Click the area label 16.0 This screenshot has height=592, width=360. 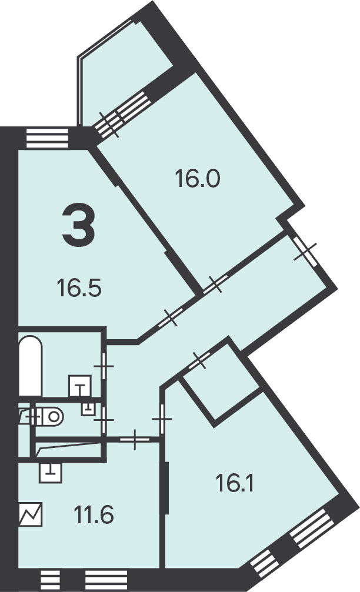197,179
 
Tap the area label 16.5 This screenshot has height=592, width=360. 79,287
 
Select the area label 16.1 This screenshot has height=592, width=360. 234,483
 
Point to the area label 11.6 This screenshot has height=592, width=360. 94,515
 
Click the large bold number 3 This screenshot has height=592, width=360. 79,225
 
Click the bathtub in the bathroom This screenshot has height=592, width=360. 30,366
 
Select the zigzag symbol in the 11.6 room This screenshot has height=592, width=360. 31,514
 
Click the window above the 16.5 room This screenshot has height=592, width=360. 47,138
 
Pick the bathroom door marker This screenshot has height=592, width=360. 104,366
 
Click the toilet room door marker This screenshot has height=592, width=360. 104,420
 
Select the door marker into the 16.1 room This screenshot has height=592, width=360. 162,419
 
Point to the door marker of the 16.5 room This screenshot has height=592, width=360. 171,317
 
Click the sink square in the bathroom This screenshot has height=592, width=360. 80,386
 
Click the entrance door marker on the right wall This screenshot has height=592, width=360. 305,250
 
